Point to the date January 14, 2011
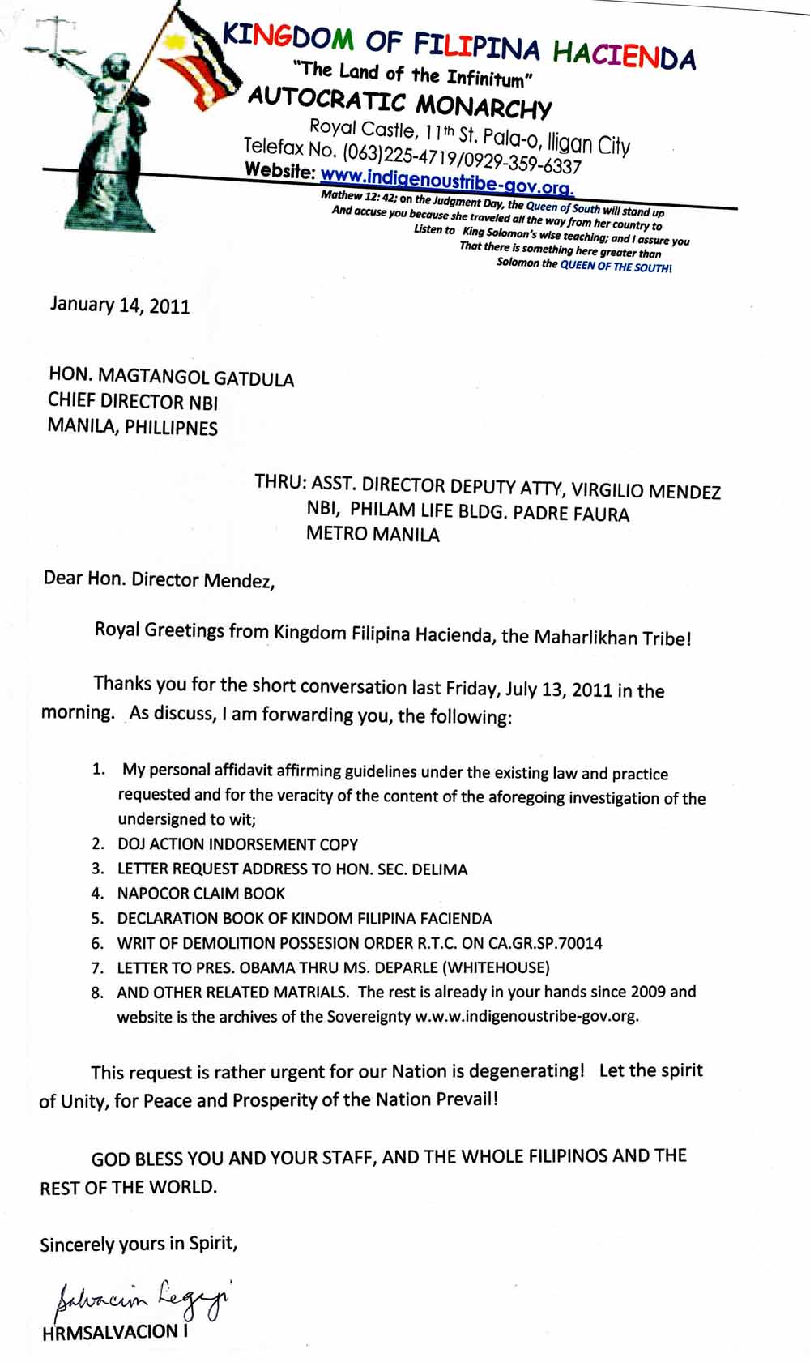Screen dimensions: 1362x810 (120, 305)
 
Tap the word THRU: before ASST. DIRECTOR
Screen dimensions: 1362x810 (280, 483)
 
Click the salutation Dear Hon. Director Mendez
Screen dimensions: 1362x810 (159, 580)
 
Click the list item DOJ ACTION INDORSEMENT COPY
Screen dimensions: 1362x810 (237, 844)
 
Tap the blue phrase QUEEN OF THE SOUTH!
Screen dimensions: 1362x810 (616, 267)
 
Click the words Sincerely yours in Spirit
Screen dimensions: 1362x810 (139, 1245)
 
